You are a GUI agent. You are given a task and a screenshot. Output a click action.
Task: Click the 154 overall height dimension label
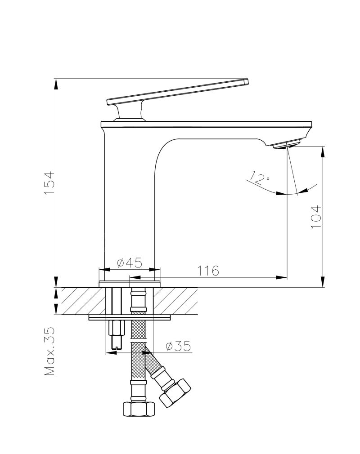(49, 183)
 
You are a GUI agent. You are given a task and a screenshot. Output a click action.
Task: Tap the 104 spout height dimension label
(316, 217)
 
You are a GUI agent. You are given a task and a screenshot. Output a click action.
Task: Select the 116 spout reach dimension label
(208, 271)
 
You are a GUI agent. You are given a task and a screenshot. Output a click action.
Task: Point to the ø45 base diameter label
(130, 263)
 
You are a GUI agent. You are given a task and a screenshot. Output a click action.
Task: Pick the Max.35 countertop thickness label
(49, 351)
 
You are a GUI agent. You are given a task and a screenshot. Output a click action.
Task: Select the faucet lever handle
(178, 92)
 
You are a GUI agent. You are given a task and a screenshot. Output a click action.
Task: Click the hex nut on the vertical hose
(139, 409)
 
